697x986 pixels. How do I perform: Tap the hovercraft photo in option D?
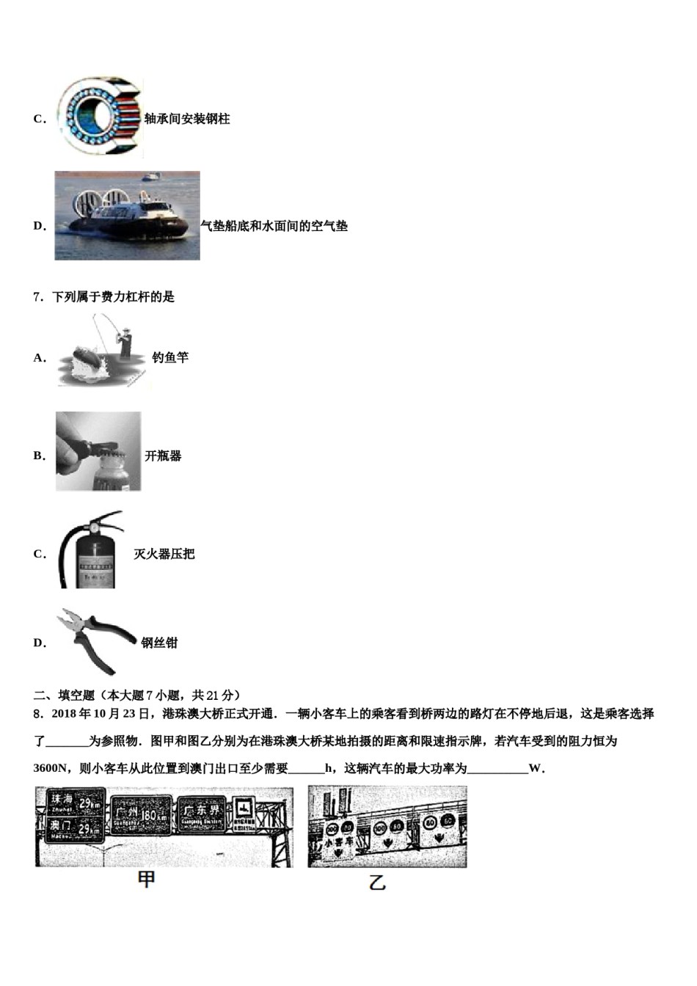127,216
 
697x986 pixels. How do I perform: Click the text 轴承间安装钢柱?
187,119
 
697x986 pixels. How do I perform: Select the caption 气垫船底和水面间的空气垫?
274,226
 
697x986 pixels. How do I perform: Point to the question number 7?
37,297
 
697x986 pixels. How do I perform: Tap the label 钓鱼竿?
170,357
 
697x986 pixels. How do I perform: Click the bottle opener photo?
98,451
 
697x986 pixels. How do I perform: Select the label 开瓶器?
163,456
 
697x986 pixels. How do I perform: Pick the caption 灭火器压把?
164,554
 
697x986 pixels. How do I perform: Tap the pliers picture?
95,640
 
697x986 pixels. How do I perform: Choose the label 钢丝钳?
159,643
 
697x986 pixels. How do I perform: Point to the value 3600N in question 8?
50,769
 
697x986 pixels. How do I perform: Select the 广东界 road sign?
202,813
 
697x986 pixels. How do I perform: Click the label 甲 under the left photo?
147,879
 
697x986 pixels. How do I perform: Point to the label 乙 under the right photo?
377,882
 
